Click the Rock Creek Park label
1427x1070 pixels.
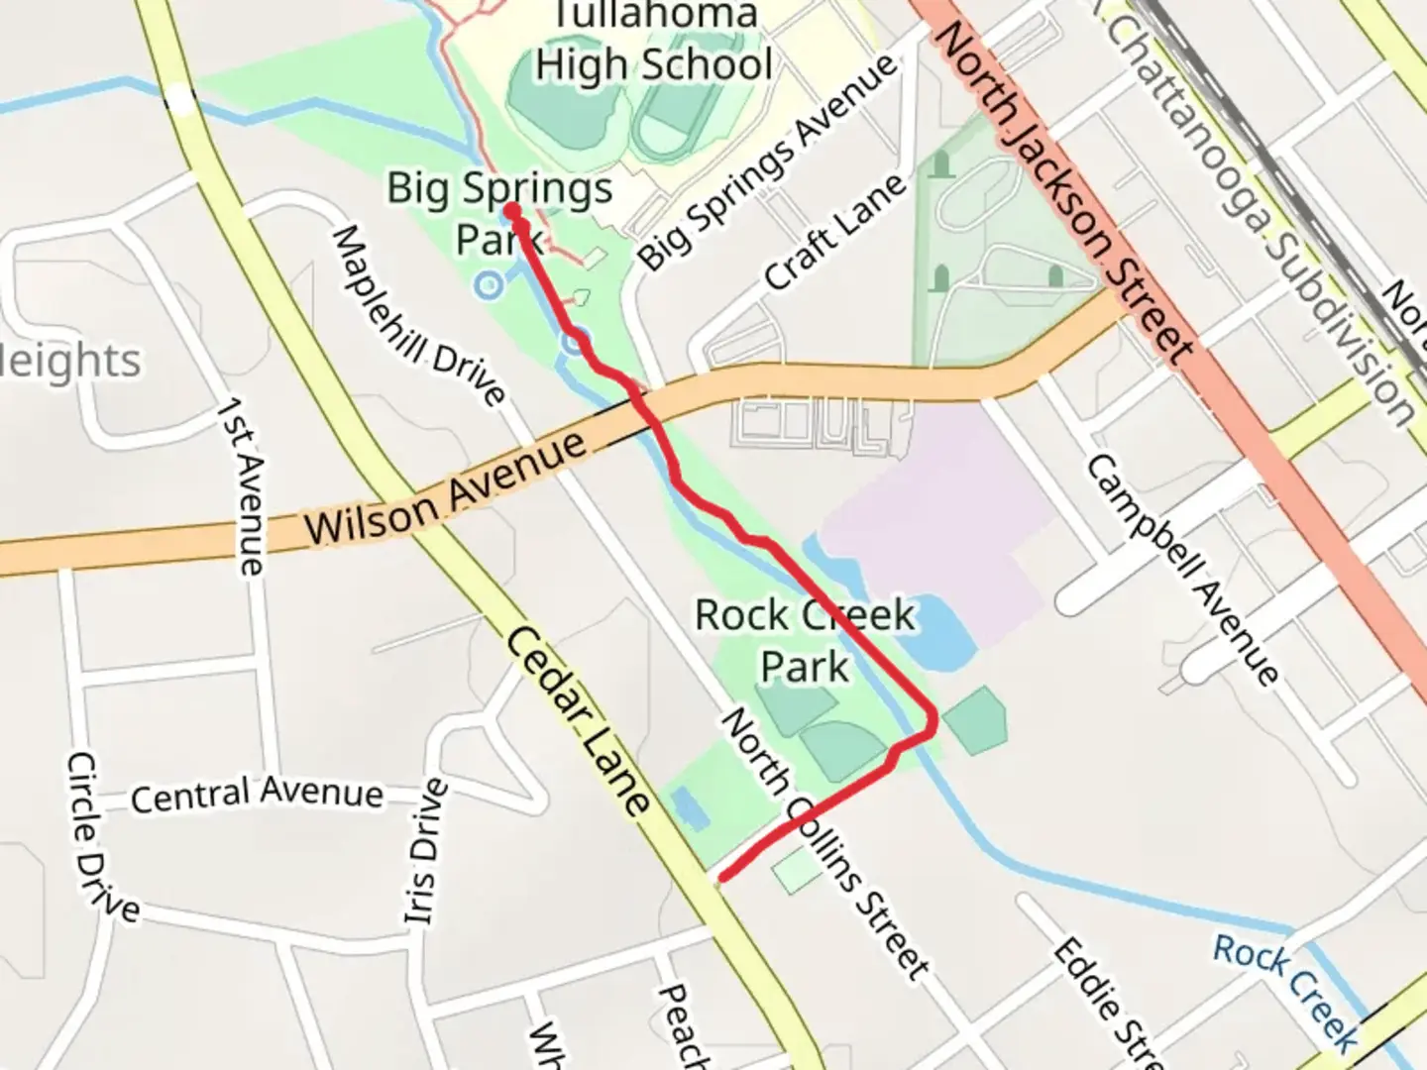point(804,640)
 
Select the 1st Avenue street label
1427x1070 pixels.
point(244,485)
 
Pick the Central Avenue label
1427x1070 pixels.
point(257,795)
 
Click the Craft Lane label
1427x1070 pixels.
point(835,233)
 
